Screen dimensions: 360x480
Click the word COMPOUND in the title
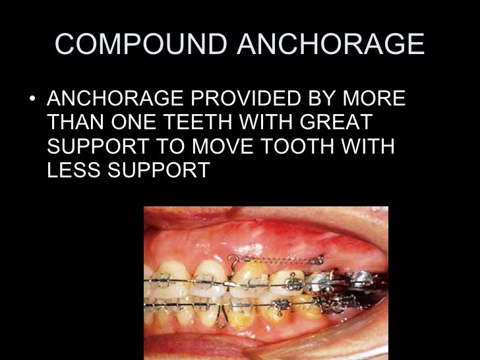tap(142, 44)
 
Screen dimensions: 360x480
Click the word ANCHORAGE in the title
tap(331, 44)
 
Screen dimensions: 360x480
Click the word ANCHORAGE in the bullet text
tap(111, 100)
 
